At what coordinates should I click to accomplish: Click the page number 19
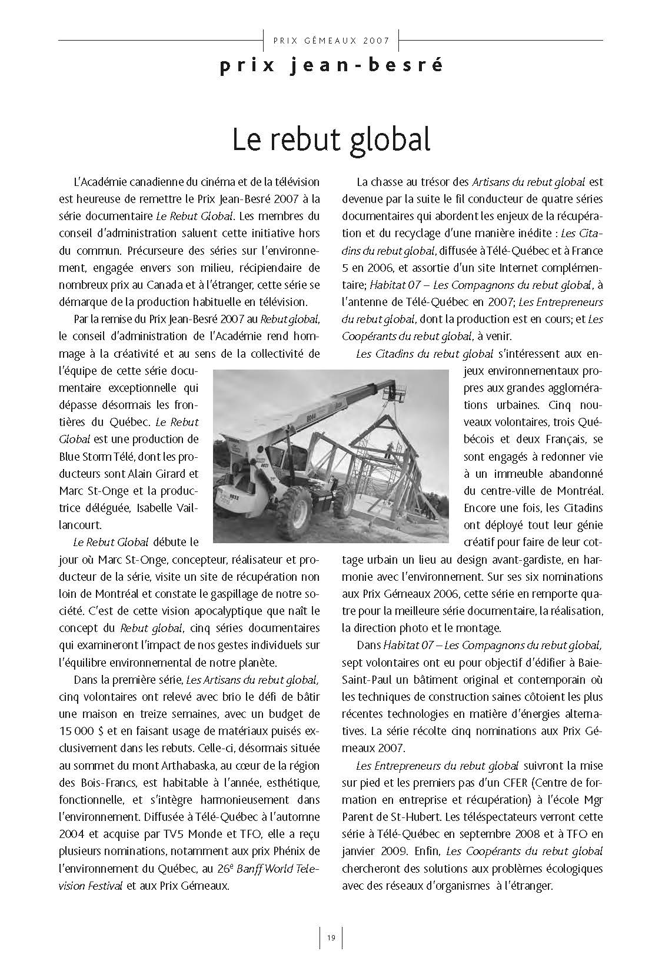(x=331, y=937)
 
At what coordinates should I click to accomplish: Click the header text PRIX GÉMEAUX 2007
(x=331, y=41)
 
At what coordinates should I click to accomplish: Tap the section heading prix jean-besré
(x=331, y=66)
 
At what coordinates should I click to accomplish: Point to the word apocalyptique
(x=197, y=611)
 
